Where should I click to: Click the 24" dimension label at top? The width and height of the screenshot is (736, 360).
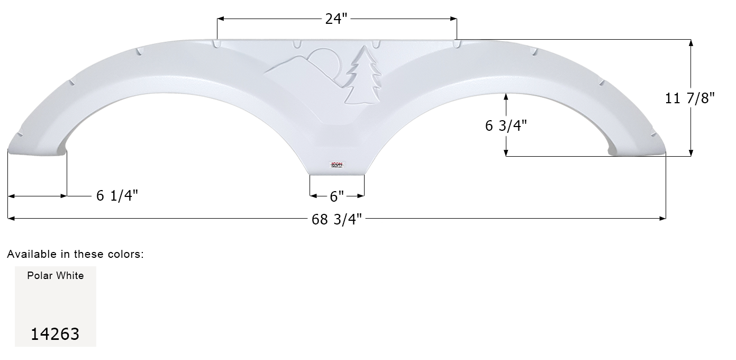point(337,19)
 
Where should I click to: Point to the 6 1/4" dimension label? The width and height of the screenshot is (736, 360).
point(117,196)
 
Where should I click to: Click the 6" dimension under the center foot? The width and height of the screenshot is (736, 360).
point(337,196)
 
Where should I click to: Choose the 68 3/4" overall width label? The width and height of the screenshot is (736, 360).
point(337,219)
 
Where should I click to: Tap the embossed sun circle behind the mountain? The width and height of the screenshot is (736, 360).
point(323,59)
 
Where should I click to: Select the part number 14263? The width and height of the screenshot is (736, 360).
point(55,334)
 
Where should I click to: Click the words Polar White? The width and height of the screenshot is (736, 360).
point(56,275)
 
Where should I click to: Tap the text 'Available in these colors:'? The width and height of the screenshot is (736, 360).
point(75,254)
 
